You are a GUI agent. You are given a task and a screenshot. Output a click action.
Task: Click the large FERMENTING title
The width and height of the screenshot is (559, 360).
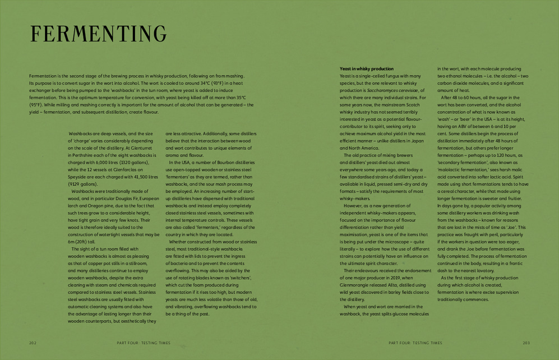click(x=99, y=35)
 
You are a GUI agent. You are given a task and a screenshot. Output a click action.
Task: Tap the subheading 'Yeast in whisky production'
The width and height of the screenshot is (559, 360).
click(x=366, y=68)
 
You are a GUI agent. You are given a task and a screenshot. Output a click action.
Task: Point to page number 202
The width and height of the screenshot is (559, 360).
click(x=33, y=342)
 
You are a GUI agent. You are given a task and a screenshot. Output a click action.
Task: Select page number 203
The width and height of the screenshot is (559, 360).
click(x=526, y=342)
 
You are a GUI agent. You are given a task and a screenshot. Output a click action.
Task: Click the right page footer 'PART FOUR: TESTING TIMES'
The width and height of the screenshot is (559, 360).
click(x=415, y=342)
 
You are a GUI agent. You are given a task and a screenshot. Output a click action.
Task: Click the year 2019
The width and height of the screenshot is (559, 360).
click(x=393, y=278)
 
